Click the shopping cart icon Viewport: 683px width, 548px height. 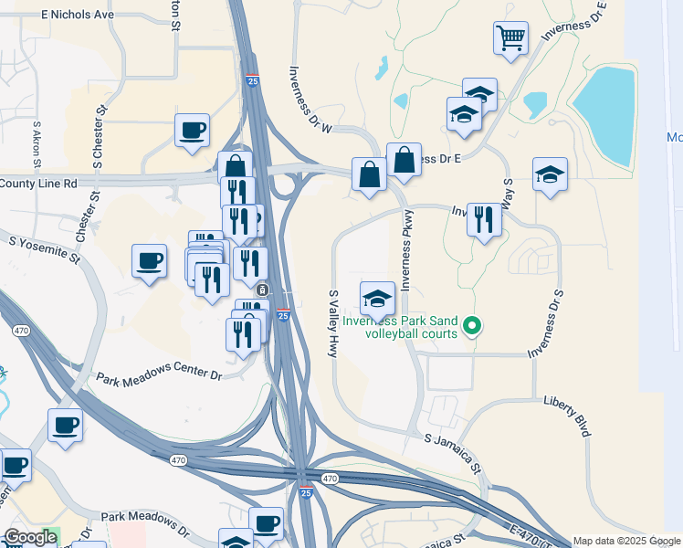coord(511,38)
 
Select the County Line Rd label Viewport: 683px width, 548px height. coord(38,183)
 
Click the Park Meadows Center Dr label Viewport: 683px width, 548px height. coord(159,375)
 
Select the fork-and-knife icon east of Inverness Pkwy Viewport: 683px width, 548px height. coord(484,219)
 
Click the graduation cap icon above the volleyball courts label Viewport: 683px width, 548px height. coord(377,298)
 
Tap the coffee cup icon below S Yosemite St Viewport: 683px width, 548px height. coord(149,261)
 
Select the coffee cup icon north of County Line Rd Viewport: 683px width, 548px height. coord(192,130)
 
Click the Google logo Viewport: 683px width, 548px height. coord(30,537)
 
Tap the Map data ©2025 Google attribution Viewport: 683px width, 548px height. coord(625,541)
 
